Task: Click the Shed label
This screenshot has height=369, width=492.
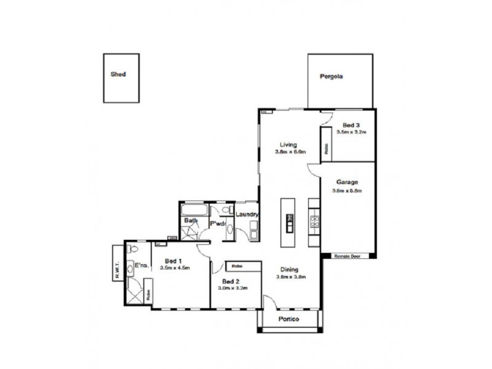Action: pos(118,74)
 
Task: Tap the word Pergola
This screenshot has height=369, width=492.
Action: pos(331,77)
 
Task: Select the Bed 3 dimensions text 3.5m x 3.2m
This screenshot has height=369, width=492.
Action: pos(351,132)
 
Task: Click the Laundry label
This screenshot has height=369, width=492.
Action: pos(247,215)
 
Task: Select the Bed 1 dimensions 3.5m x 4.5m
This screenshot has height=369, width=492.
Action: pos(175,268)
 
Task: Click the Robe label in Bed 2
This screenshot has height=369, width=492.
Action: pos(237,266)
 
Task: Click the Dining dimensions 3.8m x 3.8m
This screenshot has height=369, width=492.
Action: pos(291,277)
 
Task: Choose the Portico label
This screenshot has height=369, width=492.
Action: pos(288,319)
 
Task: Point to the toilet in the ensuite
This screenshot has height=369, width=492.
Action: pos(132,250)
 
